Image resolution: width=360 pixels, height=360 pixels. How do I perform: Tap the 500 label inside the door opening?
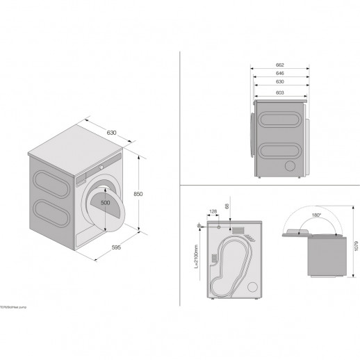[104, 202]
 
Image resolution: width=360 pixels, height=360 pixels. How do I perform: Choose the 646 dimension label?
[279, 72]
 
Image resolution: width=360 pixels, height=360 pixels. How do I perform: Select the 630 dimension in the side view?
[279, 81]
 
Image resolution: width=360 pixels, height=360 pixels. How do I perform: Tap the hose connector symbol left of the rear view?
[201, 227]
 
